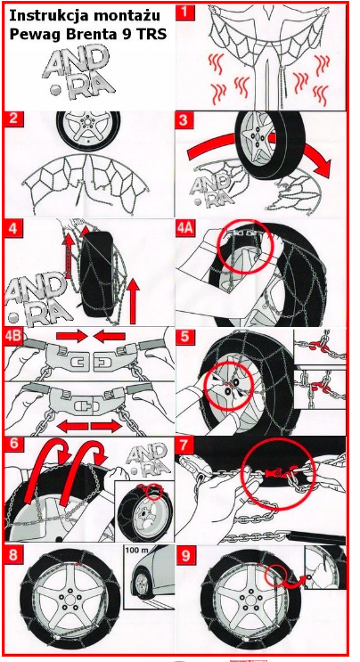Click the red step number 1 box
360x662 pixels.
tap(186, 12)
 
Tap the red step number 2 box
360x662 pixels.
tap(13, 119)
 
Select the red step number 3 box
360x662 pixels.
tap(184, 119)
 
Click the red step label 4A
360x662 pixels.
tap(187, 229)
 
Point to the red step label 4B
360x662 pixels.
tap(15, 339)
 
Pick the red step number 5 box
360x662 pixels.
tap(184, 338)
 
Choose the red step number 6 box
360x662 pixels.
tap(13, 446)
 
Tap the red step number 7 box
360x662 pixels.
tap(184, 445)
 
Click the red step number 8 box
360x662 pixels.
tap(13, 555)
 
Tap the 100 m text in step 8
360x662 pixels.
tap(135, 552)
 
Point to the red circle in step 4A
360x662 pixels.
tap(246, 247)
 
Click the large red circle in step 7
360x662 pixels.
tap(279, 477)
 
